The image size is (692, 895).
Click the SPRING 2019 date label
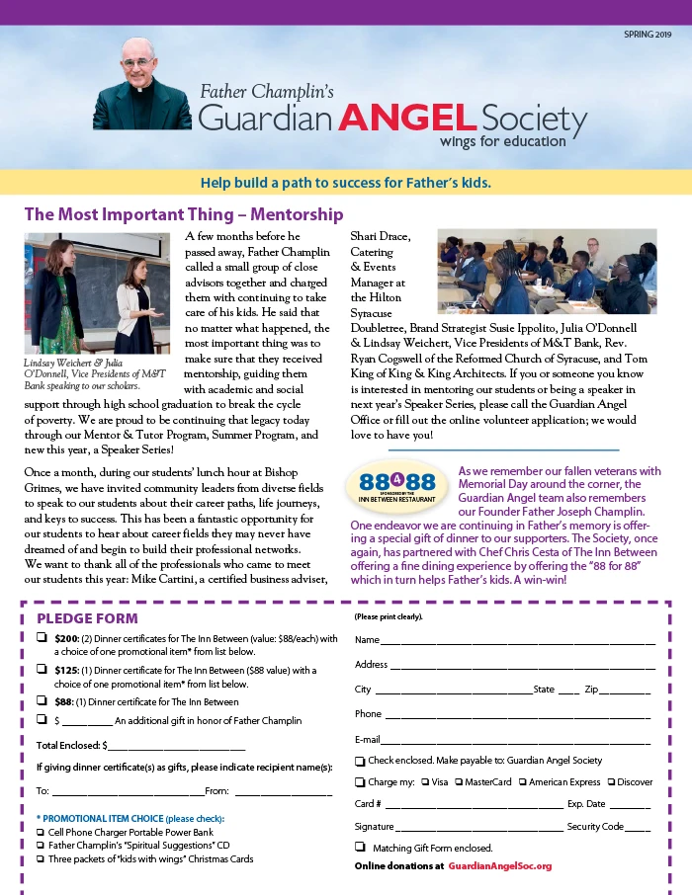pyautogui.click(x=647, y=35)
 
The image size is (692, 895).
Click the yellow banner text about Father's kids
pyautogui.click(x=345, y=183)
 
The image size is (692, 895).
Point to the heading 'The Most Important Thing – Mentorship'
pyautogui.click(x=184, y=214)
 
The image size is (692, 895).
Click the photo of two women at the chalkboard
pyautogui.click(x=97, y=293)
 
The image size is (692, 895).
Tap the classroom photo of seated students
pyautogui.click(x=547, y=273)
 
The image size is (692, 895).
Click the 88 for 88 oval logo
pyautogui.click(x=397, y=484)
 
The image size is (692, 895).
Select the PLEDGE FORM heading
pyautogui.click(x=87, y=618)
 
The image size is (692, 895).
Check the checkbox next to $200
pyautogui.click(x=43, y=638)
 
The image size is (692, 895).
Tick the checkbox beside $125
pyautogui.click(x=43, y=670)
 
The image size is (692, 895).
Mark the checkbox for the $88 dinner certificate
pyautogui.click(x=43, y=701)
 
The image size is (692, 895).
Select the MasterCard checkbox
pyautogui.click(x=459, y=782)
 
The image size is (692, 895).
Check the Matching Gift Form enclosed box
pyautogui.click(x=360, y=848)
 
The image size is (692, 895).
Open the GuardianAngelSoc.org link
pyautogui.click(x=499, y=865)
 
